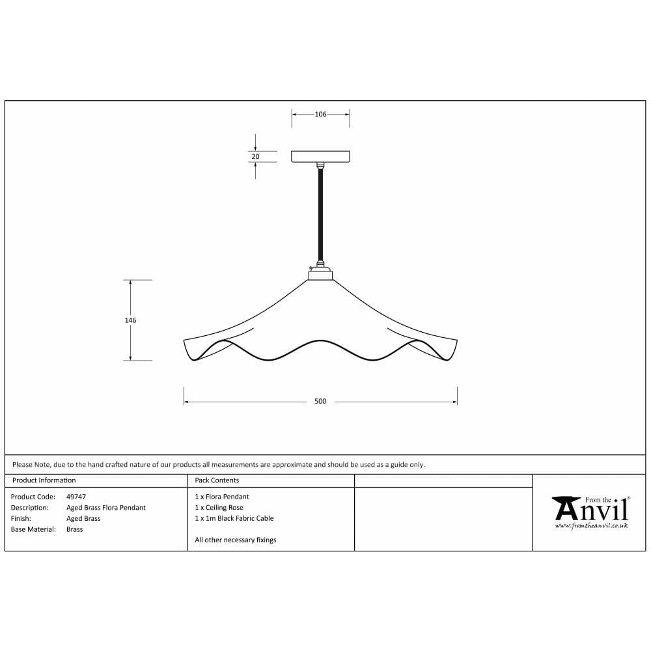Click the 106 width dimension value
tap(320, 115)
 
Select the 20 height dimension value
tap(255, 156)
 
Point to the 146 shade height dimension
tap(131, 320)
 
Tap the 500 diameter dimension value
tap(320, 402)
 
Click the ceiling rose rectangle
tap(320, 156)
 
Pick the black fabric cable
tap(320, 215)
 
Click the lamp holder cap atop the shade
tap(320, 274)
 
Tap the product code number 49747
tap(76, 497)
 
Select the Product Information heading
tap(44, 480)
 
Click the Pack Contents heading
tap(217, 480)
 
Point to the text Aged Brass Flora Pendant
tap(106, 508)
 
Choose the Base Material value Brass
tap(75, 530)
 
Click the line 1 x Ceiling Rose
tap(219, 508)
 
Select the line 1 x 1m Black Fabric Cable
tap(234, 519)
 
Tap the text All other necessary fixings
tap(236, 540)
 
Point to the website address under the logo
tap(591, 525)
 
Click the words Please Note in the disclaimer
tap(31, 465)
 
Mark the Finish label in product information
tap(21, 519)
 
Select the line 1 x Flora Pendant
tap(222, 497)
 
